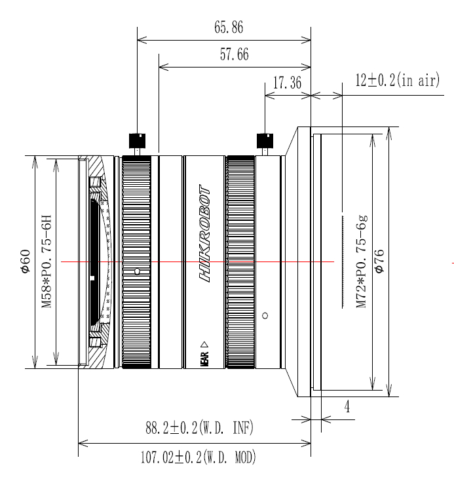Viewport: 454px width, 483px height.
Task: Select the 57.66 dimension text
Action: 234,56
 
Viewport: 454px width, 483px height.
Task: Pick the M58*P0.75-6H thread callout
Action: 47,261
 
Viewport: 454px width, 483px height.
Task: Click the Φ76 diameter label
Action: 379,261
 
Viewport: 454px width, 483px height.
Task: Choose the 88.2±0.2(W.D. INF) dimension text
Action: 199,429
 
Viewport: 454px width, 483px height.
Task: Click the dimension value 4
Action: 347,407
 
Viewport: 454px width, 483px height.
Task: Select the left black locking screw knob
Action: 137,140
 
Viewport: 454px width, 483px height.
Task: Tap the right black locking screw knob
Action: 265,140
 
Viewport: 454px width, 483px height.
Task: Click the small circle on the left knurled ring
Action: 136,271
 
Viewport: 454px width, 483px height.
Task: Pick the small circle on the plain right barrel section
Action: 265,315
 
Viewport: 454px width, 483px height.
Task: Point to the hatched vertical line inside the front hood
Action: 342,260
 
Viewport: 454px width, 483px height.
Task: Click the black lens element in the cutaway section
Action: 95,262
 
